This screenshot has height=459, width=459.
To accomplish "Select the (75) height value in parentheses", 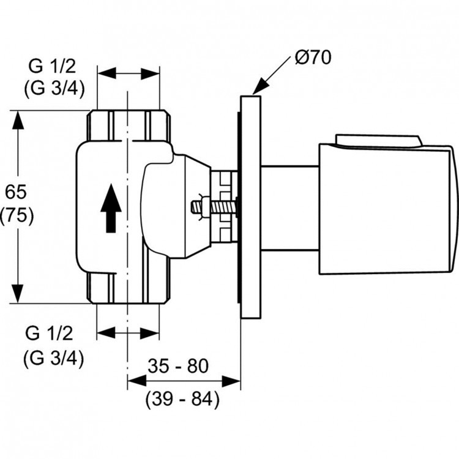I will (x=19, y=215).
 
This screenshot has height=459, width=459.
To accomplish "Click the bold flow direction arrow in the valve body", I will (x=110, y=209).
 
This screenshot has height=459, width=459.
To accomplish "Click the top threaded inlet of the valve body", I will (x=127, y=125).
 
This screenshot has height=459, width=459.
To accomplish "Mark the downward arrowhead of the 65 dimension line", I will (x=19, y=293).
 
